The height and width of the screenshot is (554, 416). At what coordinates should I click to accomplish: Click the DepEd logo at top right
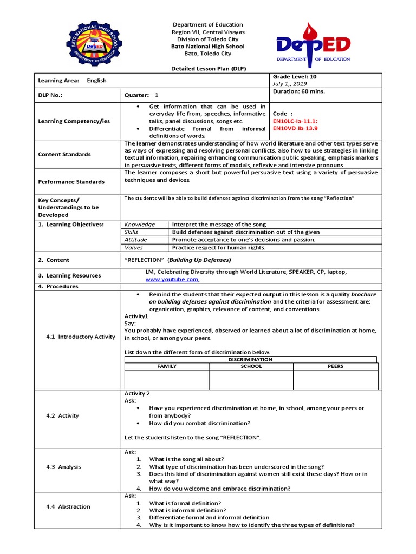click(x=313, y=44)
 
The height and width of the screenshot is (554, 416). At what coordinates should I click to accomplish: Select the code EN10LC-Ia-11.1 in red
click(x=296, y=121)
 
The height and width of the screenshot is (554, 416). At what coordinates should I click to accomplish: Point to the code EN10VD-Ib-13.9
click(x=296, y=128)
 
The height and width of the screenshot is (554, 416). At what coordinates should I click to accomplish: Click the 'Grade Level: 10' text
click(x=295, y=77)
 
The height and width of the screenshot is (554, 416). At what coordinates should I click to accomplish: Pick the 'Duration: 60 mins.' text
click(x=298, y=91)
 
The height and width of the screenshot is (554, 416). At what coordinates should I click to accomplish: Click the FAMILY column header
click(x=167, y=366)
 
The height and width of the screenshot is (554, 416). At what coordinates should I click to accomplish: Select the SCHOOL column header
click(x=251, y=366)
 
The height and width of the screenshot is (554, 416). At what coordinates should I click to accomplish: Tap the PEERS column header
click(x=335, y=366)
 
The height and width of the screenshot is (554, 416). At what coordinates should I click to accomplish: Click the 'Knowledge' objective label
click(x=140, y=224)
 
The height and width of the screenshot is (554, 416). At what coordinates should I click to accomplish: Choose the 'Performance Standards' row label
click(x=71, y=182)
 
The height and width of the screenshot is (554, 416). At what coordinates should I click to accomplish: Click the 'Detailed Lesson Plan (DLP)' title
click(x=208, y=69)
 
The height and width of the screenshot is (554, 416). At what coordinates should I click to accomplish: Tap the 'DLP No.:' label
click(x=50, y=95)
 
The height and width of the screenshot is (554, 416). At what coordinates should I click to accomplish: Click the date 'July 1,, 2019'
click(x=290, y=84)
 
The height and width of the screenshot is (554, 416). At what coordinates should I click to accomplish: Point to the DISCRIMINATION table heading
click(x=250, y=359)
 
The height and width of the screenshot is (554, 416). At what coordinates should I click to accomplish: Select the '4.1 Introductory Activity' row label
click(x=80, y=337)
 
